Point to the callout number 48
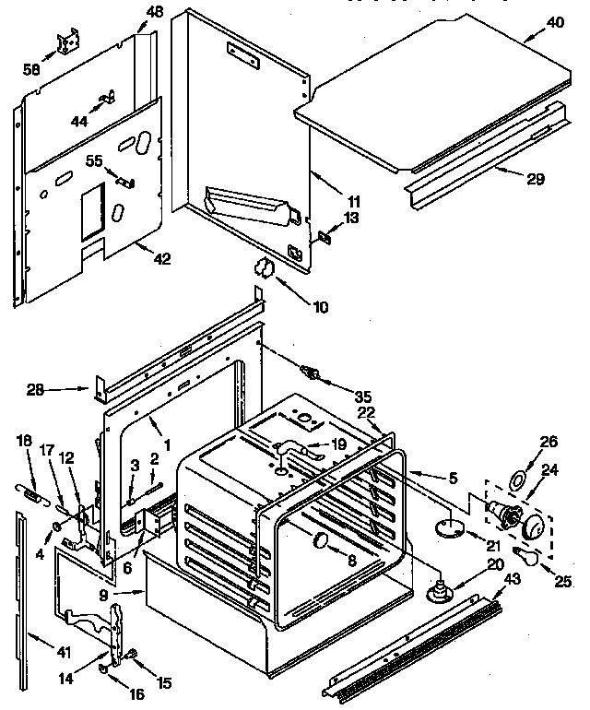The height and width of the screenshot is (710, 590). (152, 12)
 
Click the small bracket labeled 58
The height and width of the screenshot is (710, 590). (67, 42)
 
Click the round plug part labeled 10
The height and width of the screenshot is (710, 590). (263, 268)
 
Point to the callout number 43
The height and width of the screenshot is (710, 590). (513, 578)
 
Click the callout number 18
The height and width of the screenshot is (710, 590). (23, 442)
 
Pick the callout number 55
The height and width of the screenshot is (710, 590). (94, 160)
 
